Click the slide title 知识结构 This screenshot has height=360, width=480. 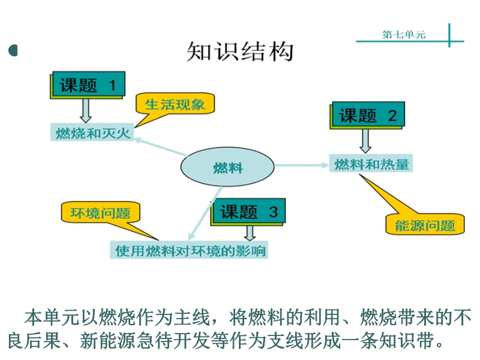pos(240,52)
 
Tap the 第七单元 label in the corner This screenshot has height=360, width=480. pos(403,34)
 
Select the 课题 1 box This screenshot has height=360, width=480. pos(88,85)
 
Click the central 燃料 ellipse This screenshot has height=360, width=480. pos(228,167)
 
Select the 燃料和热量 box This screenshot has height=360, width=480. pos(371,164)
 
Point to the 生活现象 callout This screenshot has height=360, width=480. pos(175,104)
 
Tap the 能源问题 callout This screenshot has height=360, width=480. pos(425,225)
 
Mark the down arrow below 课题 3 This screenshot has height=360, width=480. pos(249,233)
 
